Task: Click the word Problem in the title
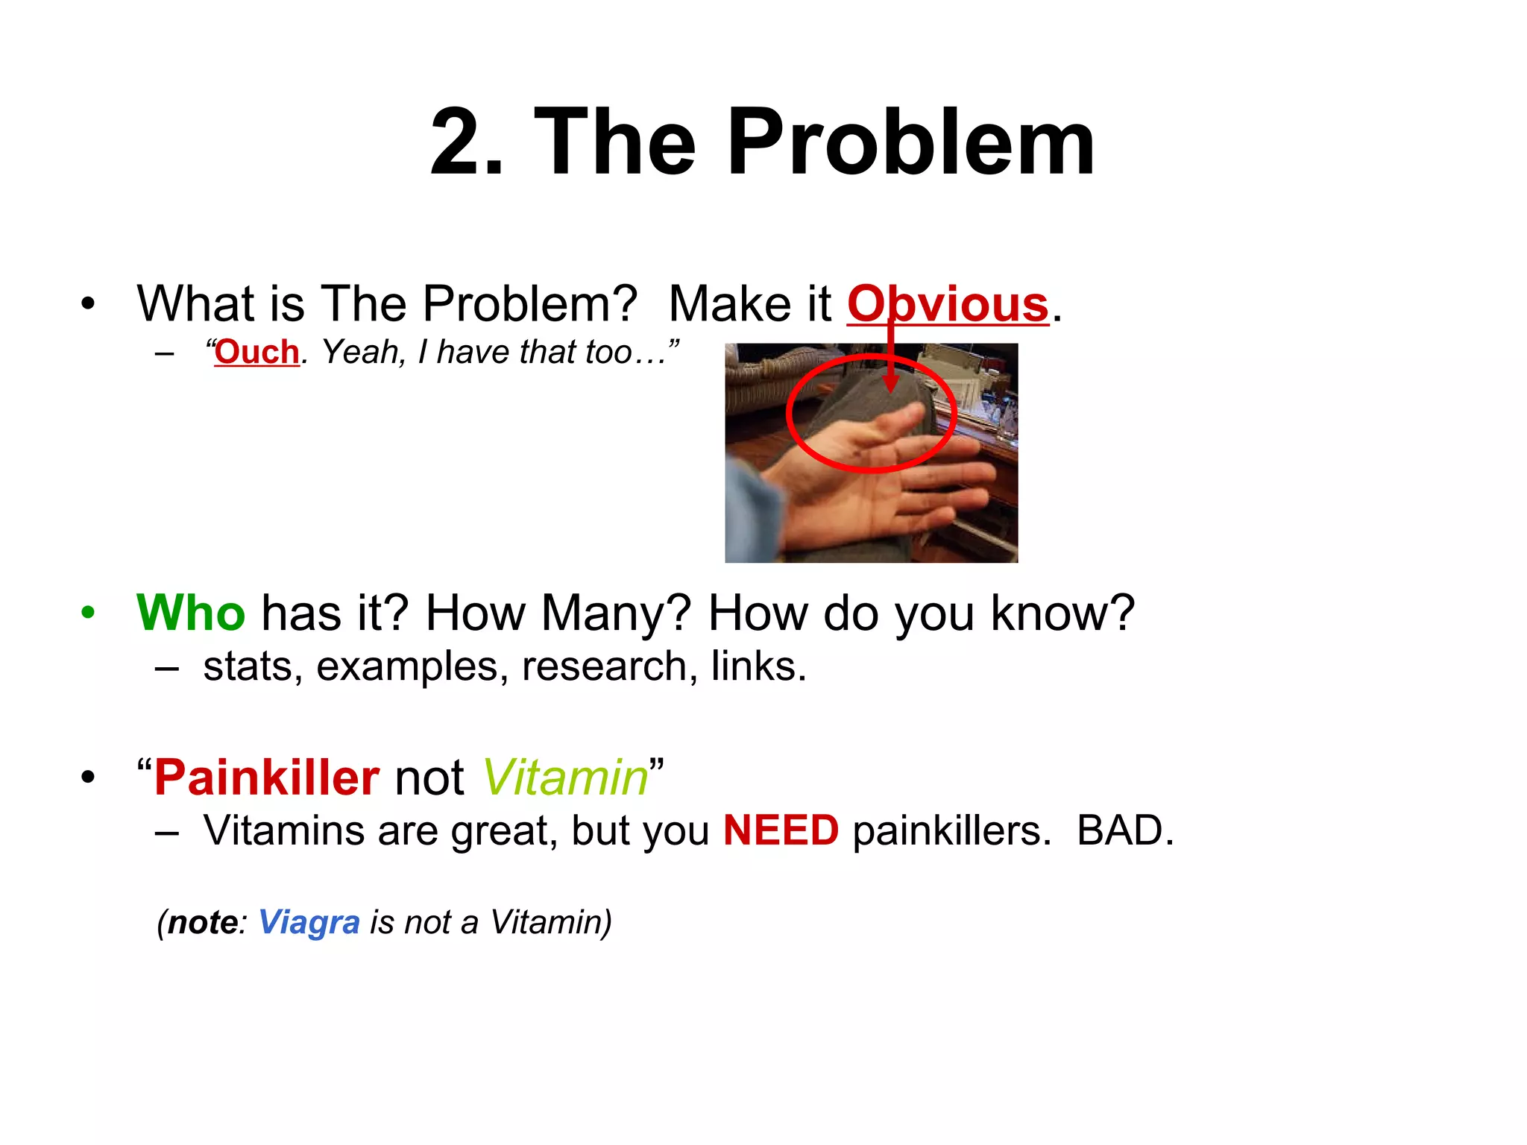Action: [910, 143]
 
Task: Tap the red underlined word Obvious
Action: [948, 304]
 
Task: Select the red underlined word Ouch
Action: [256, 352]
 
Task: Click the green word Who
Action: [191, 613]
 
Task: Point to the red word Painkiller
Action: [267, 777]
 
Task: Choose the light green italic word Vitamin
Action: [565, 777]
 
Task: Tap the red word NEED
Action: [781, 830]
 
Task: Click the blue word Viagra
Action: [309, 922]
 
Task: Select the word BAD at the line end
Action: [1124, 830]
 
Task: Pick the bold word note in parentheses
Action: [202, 922]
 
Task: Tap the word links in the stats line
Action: [757, 666]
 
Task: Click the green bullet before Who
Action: [89, 613]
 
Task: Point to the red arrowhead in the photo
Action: [890, 385]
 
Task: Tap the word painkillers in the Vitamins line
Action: [951, 830]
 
